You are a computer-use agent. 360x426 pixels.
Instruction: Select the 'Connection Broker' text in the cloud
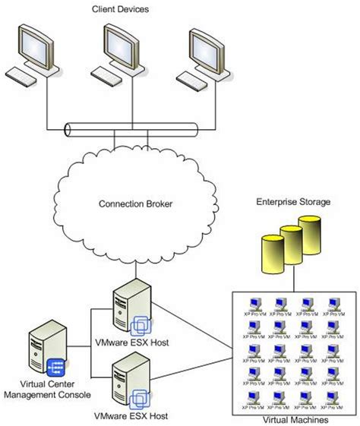[135, 204]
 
